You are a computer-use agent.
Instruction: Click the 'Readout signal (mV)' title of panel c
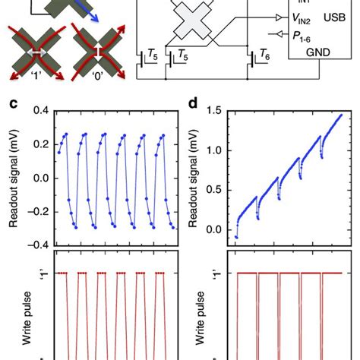[x=13, y=178]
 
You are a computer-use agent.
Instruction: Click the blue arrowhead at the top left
[x=91, y=13]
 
